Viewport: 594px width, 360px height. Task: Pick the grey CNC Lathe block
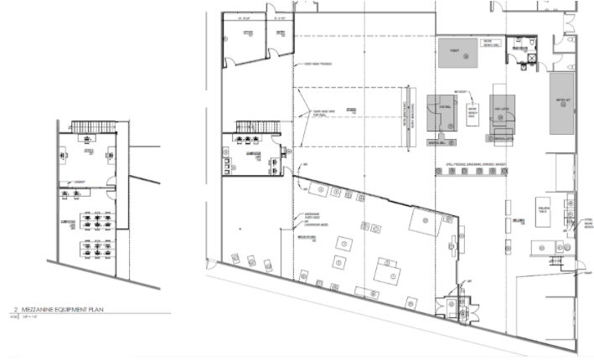[x=500, y=112]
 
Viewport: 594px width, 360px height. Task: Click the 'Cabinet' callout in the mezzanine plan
[x=79, y=181]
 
